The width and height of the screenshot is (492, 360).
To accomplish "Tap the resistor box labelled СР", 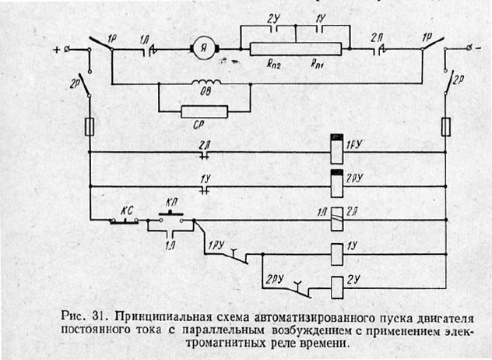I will tap(204, 111).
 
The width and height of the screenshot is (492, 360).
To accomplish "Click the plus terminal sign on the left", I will tap(57, 51).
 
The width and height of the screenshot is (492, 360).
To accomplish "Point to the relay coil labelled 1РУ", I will tap(337, 148).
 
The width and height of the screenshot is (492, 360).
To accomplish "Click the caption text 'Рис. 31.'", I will tap(83, 317).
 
